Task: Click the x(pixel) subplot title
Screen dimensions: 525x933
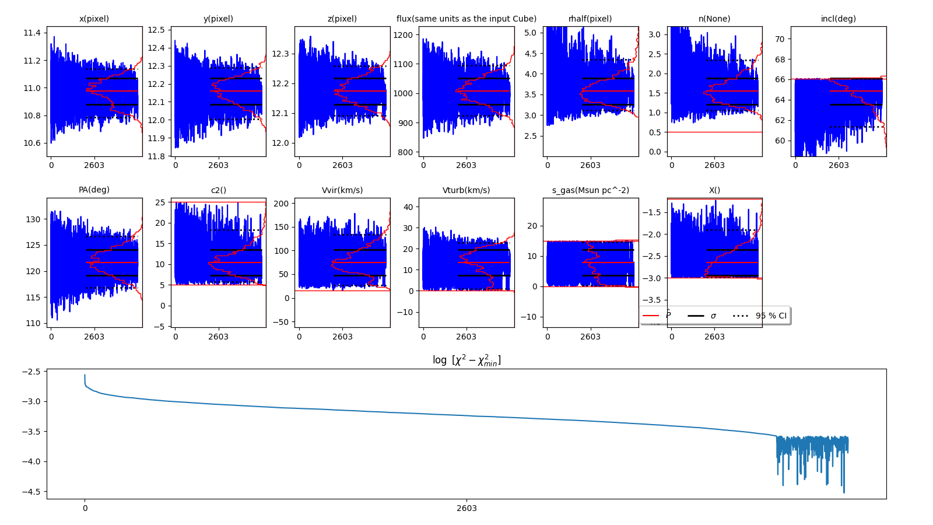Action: pyautogui.click(x=94, y=19)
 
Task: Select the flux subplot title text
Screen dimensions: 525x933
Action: pyautogui.click(x=466, y=19)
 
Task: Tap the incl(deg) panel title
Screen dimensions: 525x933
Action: pyautogui.click(x=838, y=19)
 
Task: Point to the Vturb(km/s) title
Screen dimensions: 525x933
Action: pyautogui.click(x=466, y=190)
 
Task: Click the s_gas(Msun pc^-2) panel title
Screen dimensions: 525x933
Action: pyautogui.click(x=590, y=190)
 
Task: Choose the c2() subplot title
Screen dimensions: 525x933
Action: pyautogui.click(x=218, y=190)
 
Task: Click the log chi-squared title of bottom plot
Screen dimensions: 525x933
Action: pyautogui.click(x=466, y=360)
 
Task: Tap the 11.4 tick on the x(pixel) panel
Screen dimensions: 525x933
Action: pyautogui.click(x=32, y=33)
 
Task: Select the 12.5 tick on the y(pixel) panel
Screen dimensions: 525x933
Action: pyautogui.click(x=156, y=30)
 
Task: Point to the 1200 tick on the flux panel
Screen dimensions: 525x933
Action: pyautogui.click(x=404, y=35)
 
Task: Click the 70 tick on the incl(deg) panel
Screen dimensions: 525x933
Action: pyautogui.click(x=780, y=39)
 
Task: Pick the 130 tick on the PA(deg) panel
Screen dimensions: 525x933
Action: pyautogui.click(x=34, y=219)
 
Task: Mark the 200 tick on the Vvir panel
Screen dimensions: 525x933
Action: pyautogui.click(x=282, y=204)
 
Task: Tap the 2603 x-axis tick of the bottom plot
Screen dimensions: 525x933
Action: pyautogui.click(x=466, y=508)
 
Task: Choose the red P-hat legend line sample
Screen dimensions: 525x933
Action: pyautogui.click(x=650, y=316)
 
